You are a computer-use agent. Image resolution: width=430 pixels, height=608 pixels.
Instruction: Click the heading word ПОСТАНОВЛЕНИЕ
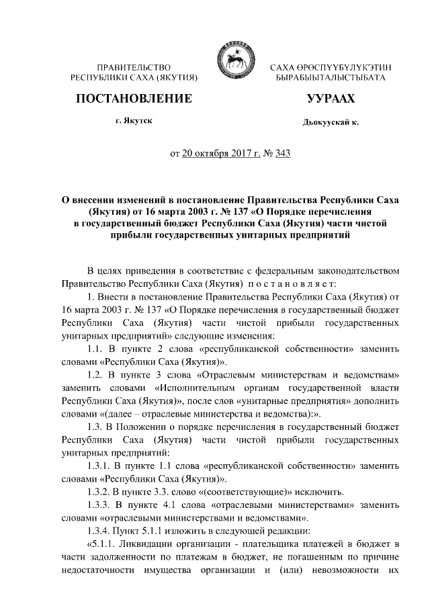tap(134, 99)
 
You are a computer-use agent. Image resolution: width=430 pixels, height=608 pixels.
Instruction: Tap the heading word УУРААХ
tap(330, 99)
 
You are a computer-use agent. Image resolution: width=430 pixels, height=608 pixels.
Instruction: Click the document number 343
tap(282, 154)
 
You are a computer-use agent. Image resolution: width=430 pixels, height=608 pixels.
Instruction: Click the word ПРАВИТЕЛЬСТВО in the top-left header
tap(134, 69)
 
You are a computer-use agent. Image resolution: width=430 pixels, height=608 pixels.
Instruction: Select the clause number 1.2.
tap(99, 375)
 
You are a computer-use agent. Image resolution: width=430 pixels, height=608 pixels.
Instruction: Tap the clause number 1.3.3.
tap(103, 505)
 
